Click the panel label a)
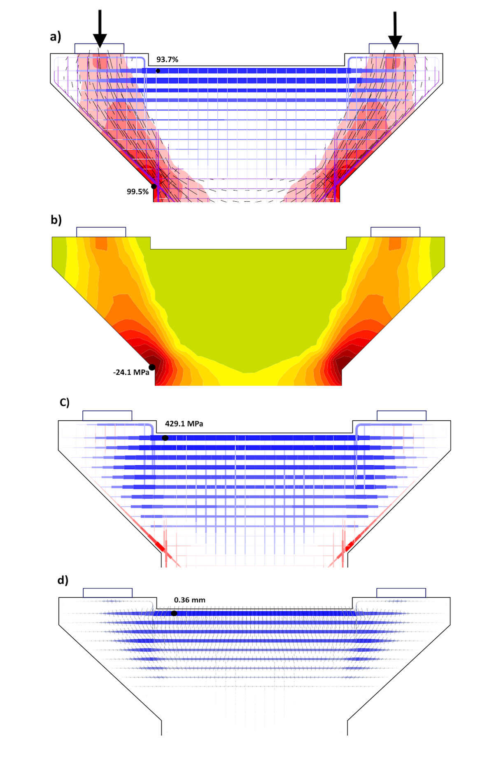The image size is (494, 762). [56, 37]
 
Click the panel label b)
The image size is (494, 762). [56, 220]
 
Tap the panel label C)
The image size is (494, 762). [65, 402]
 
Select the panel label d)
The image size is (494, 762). [63, 580]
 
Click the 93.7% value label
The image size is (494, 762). [167, 60]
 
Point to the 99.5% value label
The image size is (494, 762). [137, 192]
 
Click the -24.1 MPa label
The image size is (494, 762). [131, 373]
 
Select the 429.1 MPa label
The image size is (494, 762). [184, 424]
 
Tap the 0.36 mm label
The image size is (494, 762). [189, 600]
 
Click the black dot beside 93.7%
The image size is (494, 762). [158, 71]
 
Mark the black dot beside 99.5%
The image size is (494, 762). [154, 186]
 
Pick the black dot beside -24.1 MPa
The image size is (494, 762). [152, 367]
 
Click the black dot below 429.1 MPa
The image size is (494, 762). [165, 438]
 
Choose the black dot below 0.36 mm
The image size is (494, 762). [174, 613]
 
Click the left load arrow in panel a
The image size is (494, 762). [100, 29]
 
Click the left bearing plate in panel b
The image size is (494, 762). [101, 232]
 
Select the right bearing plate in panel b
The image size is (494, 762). [395, 232]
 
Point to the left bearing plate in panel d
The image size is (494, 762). [108, 593]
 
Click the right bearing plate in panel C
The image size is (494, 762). [401, 415]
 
